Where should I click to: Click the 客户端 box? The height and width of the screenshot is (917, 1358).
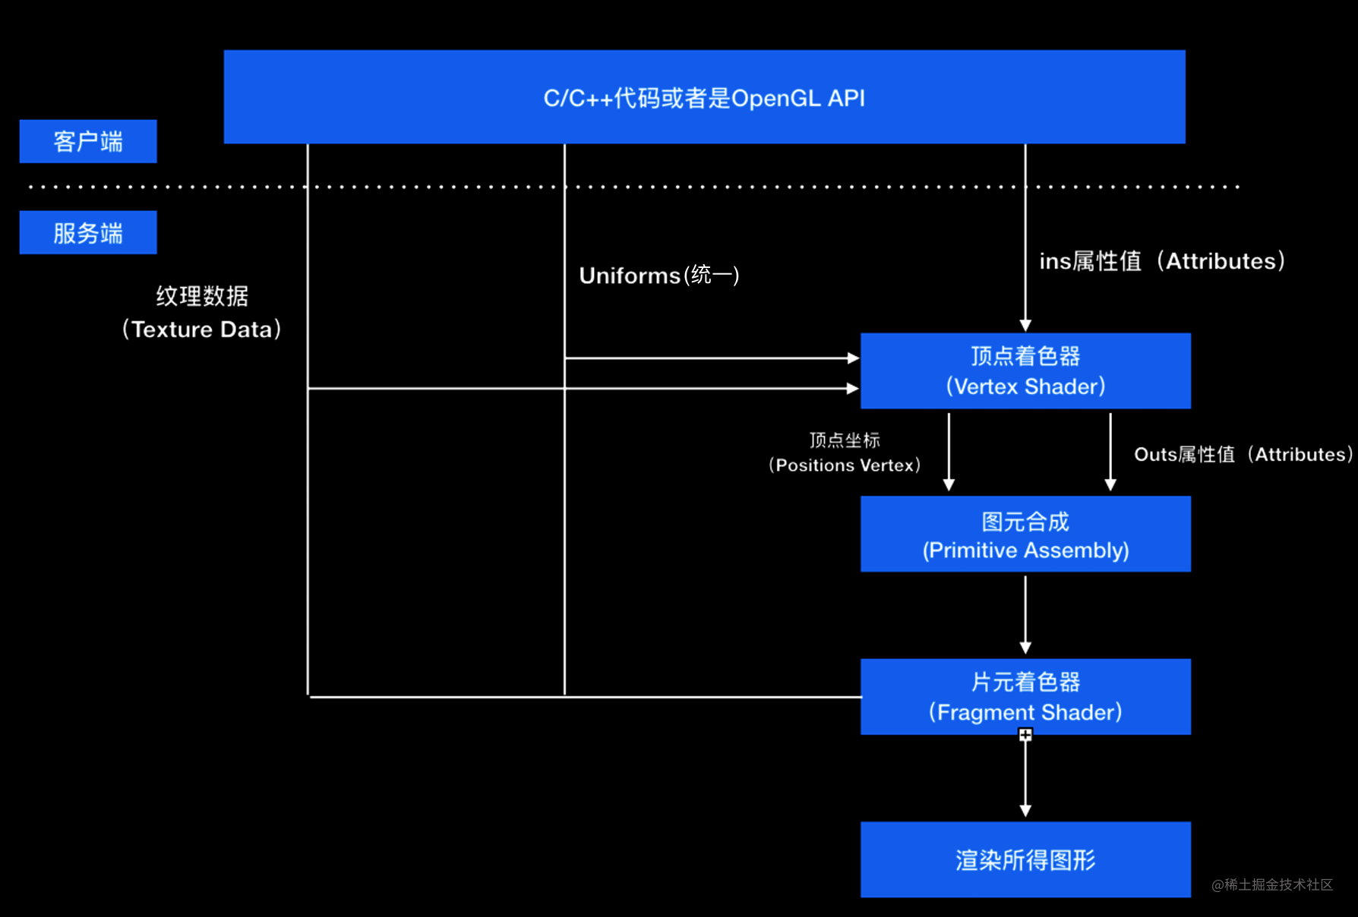88,141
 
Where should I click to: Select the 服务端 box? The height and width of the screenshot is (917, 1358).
88,232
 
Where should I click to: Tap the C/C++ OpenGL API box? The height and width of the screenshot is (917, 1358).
704,97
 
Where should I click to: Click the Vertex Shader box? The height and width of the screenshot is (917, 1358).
1025,371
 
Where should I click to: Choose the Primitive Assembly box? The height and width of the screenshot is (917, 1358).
1025,534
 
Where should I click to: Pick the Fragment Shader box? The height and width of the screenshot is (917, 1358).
1025,697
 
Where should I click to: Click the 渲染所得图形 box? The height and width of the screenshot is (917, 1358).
1025,859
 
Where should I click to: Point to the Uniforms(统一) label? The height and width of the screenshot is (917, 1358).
659,275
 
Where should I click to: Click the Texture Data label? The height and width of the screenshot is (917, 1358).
202,329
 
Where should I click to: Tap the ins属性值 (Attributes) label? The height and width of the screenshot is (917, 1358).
1162,261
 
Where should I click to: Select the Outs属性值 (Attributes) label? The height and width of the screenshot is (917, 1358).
1243,455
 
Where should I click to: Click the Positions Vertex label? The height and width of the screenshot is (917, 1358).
845,465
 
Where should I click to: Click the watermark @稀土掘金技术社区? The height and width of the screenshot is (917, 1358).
1272,884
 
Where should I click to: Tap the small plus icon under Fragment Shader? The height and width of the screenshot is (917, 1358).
1025,735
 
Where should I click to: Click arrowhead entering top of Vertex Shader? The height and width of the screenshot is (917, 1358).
1025,326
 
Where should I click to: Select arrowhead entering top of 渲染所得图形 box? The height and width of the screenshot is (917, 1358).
1025,811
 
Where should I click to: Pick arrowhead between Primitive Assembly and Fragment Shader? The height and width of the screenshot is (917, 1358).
1025,648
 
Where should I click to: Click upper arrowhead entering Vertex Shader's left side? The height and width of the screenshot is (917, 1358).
853,358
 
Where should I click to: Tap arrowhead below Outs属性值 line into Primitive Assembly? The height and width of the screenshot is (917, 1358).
1110,485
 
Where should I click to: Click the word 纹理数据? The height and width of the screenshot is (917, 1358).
202,296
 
